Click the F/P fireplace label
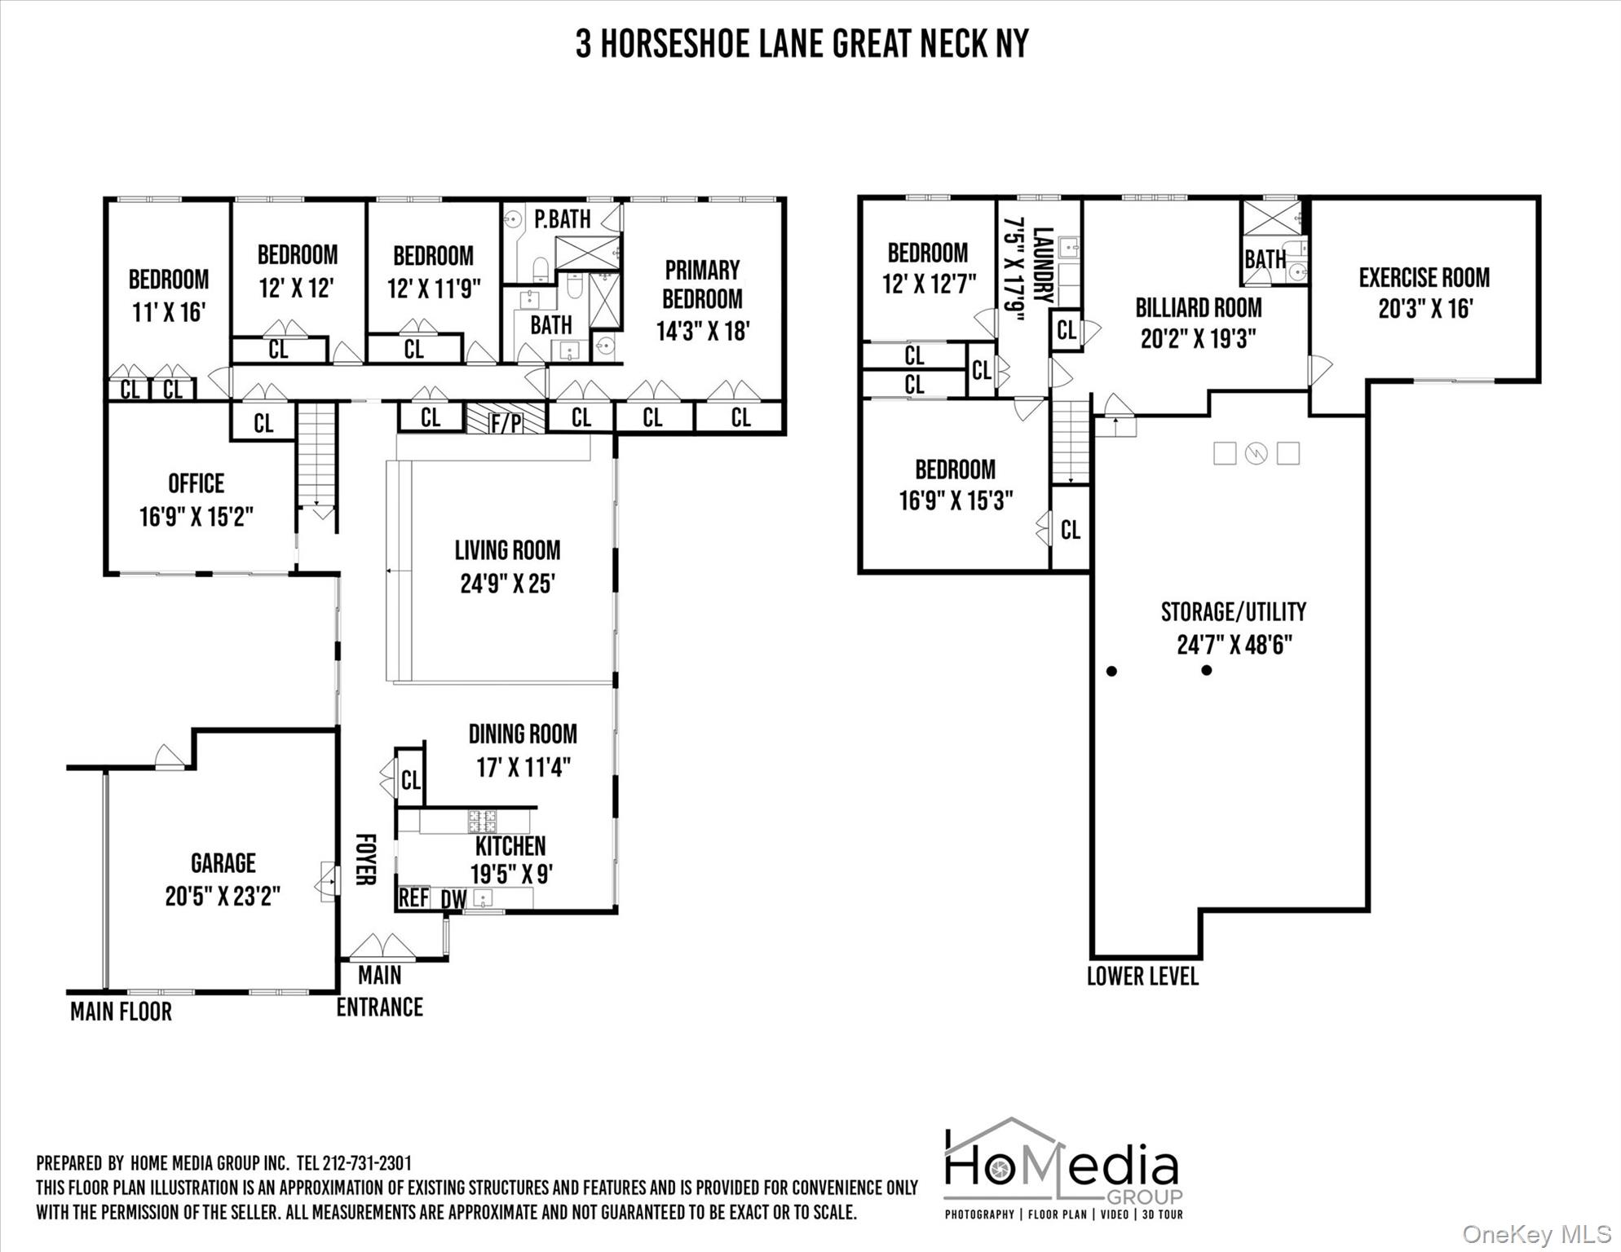click(x=506, y=422)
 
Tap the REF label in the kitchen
click(x=413, y=897)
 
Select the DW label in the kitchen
click(x=453, y=899)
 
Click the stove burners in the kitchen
click(x=481, y=820)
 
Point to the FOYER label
click(x=365, y=859)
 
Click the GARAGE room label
click(x=223, y=863)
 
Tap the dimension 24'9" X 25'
click(x=507, y=584)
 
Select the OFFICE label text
click(x=196, y=483)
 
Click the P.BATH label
click(x=563, y=219)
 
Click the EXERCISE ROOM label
click(x=1424, y=278)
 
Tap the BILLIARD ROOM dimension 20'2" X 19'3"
click(x=1198, y=338)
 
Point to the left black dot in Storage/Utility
click(x=1111, y=671)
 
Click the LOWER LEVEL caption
click(x=1142, y=976)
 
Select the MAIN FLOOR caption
click(x=121, y=1012)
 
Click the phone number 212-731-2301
click(x=367, y=1163)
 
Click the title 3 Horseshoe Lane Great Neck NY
click(x=802, y=44)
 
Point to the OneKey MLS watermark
click(x=1535, y=1234)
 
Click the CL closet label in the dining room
click(x=411, y=780)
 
